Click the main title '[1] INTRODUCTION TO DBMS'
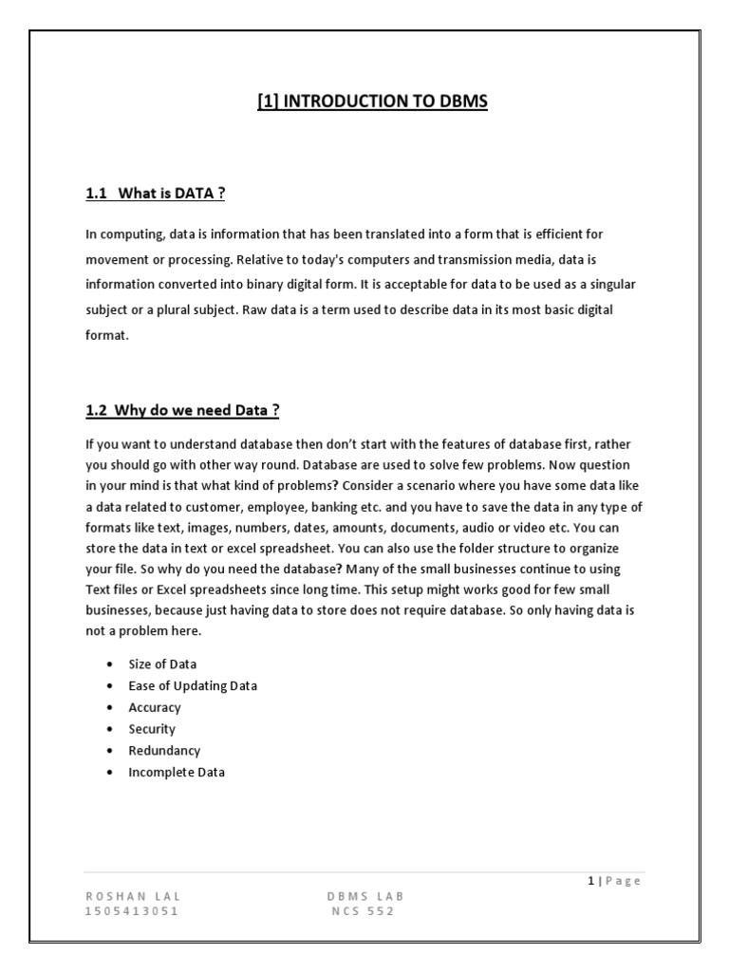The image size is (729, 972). point(372,101)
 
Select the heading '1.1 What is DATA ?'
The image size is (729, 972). point(156,195)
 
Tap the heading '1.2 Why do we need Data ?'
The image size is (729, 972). point(182,410)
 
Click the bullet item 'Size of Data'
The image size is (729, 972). point(162,664)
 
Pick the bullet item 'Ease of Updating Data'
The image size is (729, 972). point(193,685)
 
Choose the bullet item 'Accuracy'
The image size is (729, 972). point(155,707)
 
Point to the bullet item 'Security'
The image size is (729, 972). point(152,729)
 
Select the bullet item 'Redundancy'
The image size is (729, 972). point(159,751)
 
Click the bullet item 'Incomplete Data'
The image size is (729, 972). point(177,773)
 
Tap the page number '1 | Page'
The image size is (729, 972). point(613,881)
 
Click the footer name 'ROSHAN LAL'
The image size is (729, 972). point(133,896)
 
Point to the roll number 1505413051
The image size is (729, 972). point(133,912)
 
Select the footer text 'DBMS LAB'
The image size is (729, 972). point(366,896)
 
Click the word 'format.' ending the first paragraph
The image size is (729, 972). point(105,336)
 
